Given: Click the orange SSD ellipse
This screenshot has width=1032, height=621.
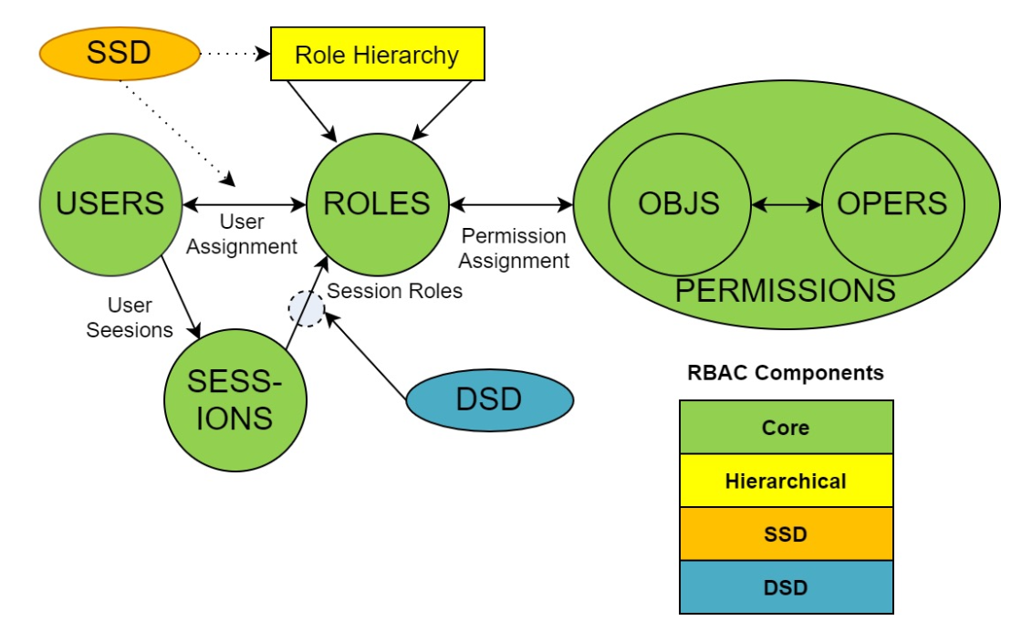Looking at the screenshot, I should click(119, 54).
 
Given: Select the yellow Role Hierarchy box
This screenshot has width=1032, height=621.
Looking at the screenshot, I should click(377, 55).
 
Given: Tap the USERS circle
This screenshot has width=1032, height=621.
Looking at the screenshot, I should click(110, 202).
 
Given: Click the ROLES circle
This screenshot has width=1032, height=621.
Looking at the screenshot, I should click(377, 202).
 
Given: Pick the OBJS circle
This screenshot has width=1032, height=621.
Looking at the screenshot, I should click(679, 203).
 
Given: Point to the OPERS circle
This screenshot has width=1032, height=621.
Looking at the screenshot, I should click(892, 203).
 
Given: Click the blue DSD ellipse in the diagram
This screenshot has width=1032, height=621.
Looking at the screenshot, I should click(489, 399).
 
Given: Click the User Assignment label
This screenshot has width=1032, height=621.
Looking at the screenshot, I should click(242, 234).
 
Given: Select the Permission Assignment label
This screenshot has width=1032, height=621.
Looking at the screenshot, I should click(514, 248).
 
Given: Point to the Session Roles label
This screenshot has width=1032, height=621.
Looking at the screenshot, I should click(394, 291).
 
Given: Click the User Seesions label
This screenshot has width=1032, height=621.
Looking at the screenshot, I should click(130, 318).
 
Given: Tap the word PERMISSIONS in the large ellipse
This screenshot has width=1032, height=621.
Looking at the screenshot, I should click(785, 291).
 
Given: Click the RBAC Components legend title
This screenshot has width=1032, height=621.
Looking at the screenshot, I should click(785, 373).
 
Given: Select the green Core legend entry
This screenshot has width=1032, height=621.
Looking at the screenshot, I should click(786, 427).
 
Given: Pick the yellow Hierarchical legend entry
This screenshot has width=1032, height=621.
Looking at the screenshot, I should click(786, 481).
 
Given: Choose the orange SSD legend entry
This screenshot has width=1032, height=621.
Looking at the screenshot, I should click(786, 533).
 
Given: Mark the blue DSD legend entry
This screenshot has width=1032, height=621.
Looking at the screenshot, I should click(786, 587).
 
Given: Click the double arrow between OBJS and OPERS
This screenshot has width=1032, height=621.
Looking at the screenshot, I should click(786, 205).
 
